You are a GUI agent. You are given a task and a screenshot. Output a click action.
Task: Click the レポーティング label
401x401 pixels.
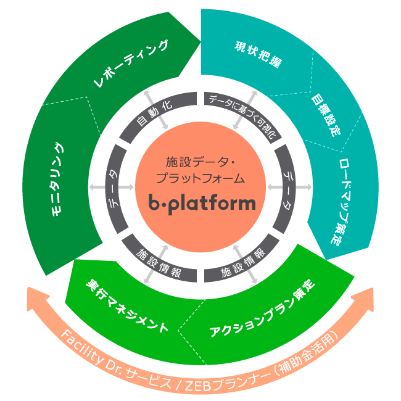tap(131, 64)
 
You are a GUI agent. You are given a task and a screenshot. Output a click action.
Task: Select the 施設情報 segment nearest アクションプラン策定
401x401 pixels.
tap(242, 262)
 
